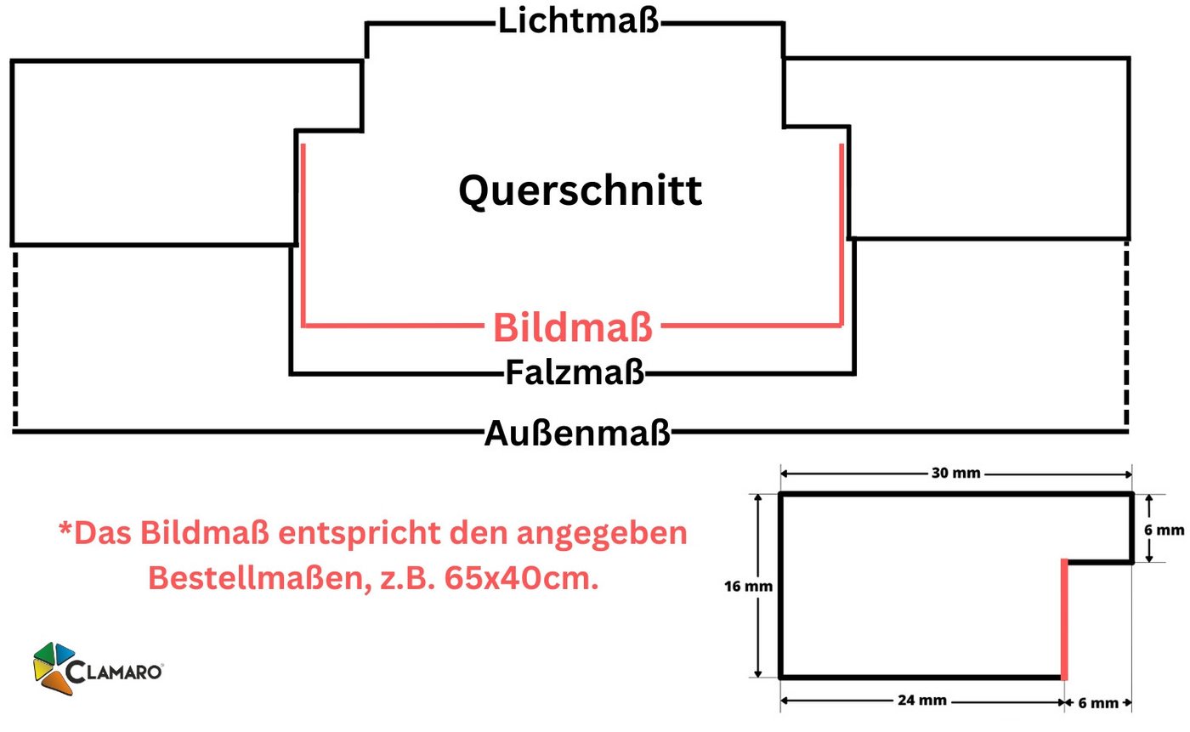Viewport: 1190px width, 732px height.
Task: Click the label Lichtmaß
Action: (x=579, y=21)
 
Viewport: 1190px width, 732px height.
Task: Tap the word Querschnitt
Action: (x=580, y=191)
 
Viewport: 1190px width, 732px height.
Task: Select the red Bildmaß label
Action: (x=573, y=327)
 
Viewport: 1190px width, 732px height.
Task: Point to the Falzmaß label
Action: (x=575, y=372)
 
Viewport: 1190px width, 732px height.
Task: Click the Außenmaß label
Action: (x=577, y=434)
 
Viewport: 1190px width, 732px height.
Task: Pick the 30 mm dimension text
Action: (x=955, y=473)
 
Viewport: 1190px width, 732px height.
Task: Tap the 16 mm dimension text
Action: (x=748, y=587)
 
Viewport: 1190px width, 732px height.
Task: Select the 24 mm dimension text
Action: (x=922, y=701)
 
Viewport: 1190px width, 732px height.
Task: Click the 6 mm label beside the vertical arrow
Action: (x=1164, y=531)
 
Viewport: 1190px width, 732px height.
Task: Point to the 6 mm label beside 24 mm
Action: (x=1098, y=703)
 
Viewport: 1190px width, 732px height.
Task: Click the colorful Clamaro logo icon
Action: (x=54, y=668)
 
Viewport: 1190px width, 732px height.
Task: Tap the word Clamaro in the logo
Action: (x=114, y=672)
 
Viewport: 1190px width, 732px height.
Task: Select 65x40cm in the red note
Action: (x=521, y=578)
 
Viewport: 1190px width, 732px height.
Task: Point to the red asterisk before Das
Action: (x=65, y=528)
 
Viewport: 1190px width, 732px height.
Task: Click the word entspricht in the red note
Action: (x=360, y=534)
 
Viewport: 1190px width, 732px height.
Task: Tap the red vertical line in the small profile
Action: (x=1064, y=620)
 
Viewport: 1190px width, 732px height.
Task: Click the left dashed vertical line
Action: (x=15, y=339)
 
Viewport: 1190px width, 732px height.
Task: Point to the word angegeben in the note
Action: (x=602, y=534)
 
